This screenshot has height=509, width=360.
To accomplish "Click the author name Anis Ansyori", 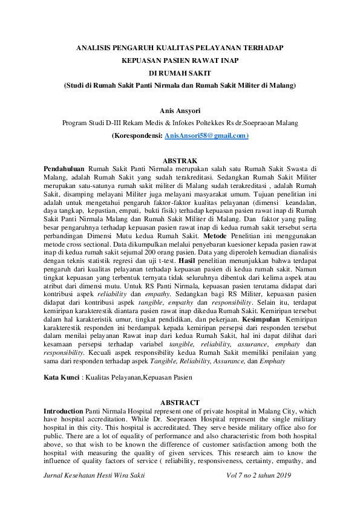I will tap(180, 111).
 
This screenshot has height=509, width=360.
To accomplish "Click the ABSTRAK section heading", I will tap(180, 160).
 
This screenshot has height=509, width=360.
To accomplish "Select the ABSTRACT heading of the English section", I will tap(180, 403).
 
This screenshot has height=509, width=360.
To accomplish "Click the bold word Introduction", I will tap(64, 410).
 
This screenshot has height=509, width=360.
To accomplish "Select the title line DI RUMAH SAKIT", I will tap(180, 74).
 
